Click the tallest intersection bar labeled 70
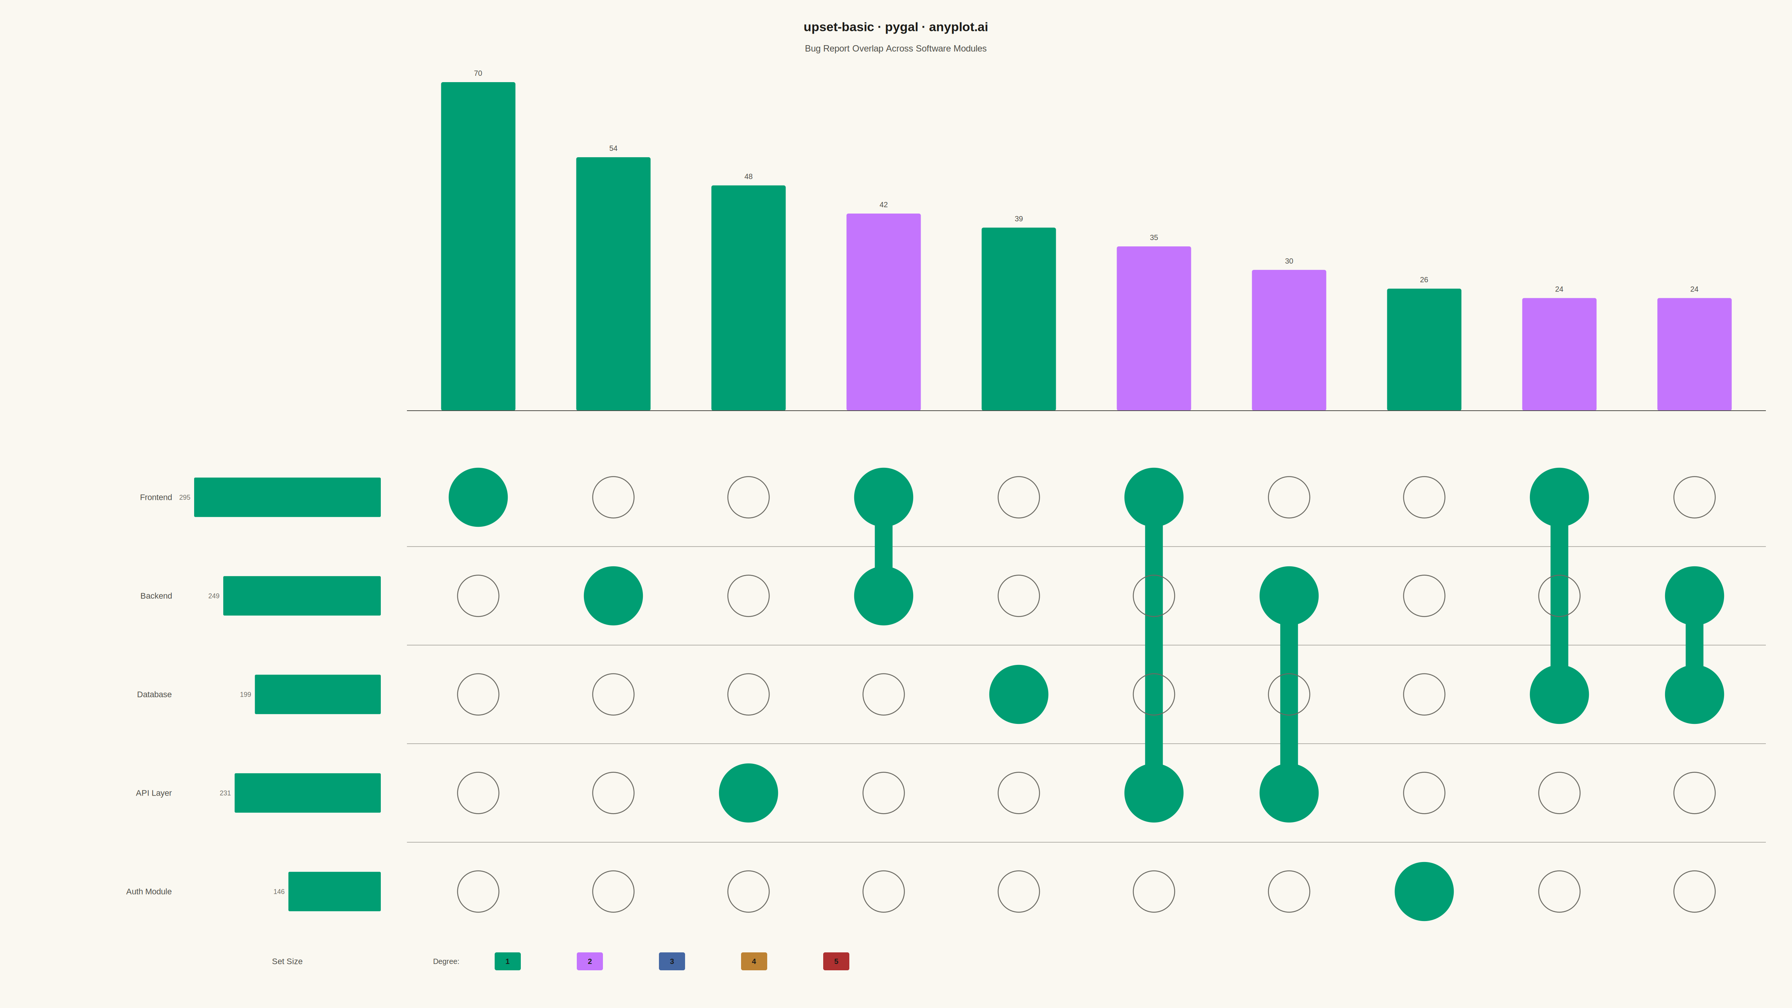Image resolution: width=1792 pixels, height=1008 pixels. (478, 246)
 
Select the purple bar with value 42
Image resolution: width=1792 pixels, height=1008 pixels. (883, 312)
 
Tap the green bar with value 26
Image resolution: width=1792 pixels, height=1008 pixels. (1424, 349)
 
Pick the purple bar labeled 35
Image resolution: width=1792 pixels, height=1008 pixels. (1153, 329)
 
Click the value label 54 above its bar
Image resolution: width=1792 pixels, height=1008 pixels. (613, 148)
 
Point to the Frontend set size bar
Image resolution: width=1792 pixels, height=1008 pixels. (287, 497)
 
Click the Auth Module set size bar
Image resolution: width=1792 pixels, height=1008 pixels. (335, 891)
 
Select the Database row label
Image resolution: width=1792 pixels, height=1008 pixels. (155, 694)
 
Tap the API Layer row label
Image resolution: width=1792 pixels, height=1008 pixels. (154, 793)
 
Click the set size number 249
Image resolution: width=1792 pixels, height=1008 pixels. (214, 595)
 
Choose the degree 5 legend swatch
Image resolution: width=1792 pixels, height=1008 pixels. (836, 961)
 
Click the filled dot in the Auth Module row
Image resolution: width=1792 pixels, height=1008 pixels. (1424, 891)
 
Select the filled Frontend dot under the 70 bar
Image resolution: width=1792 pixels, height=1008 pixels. (478, 497)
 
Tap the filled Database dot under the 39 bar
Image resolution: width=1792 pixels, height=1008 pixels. (1018, 694)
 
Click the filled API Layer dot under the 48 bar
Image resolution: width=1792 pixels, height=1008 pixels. (749, 793)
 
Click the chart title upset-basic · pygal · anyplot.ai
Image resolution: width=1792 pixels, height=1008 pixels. (895, 27)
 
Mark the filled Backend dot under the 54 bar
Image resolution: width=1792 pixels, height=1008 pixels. (613, 595)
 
